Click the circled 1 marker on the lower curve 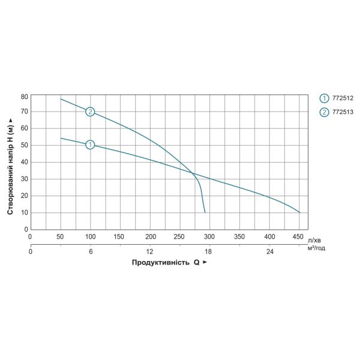click(x=90, y=145)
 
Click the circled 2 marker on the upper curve click(x=90, y=112)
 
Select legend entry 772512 click(x=342, y=98)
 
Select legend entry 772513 click(x=342, y=112)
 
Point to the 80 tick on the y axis click(x=25, y=96)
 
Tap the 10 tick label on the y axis click(x=25, y=212)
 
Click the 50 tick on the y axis click(x=25, y=145)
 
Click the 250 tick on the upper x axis click(x=179, y=237)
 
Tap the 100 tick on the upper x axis click(x=90, y=237)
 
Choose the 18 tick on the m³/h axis click(x=209, y=251)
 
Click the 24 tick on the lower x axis click(x=269, y=251)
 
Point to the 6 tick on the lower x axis click(x=90, y=251)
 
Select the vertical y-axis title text click(x=10, y=163)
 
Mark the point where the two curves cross click(x=193, y=173)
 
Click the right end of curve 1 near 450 click(x=299, y=212)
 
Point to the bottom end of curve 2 click(x=205, y=212)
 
